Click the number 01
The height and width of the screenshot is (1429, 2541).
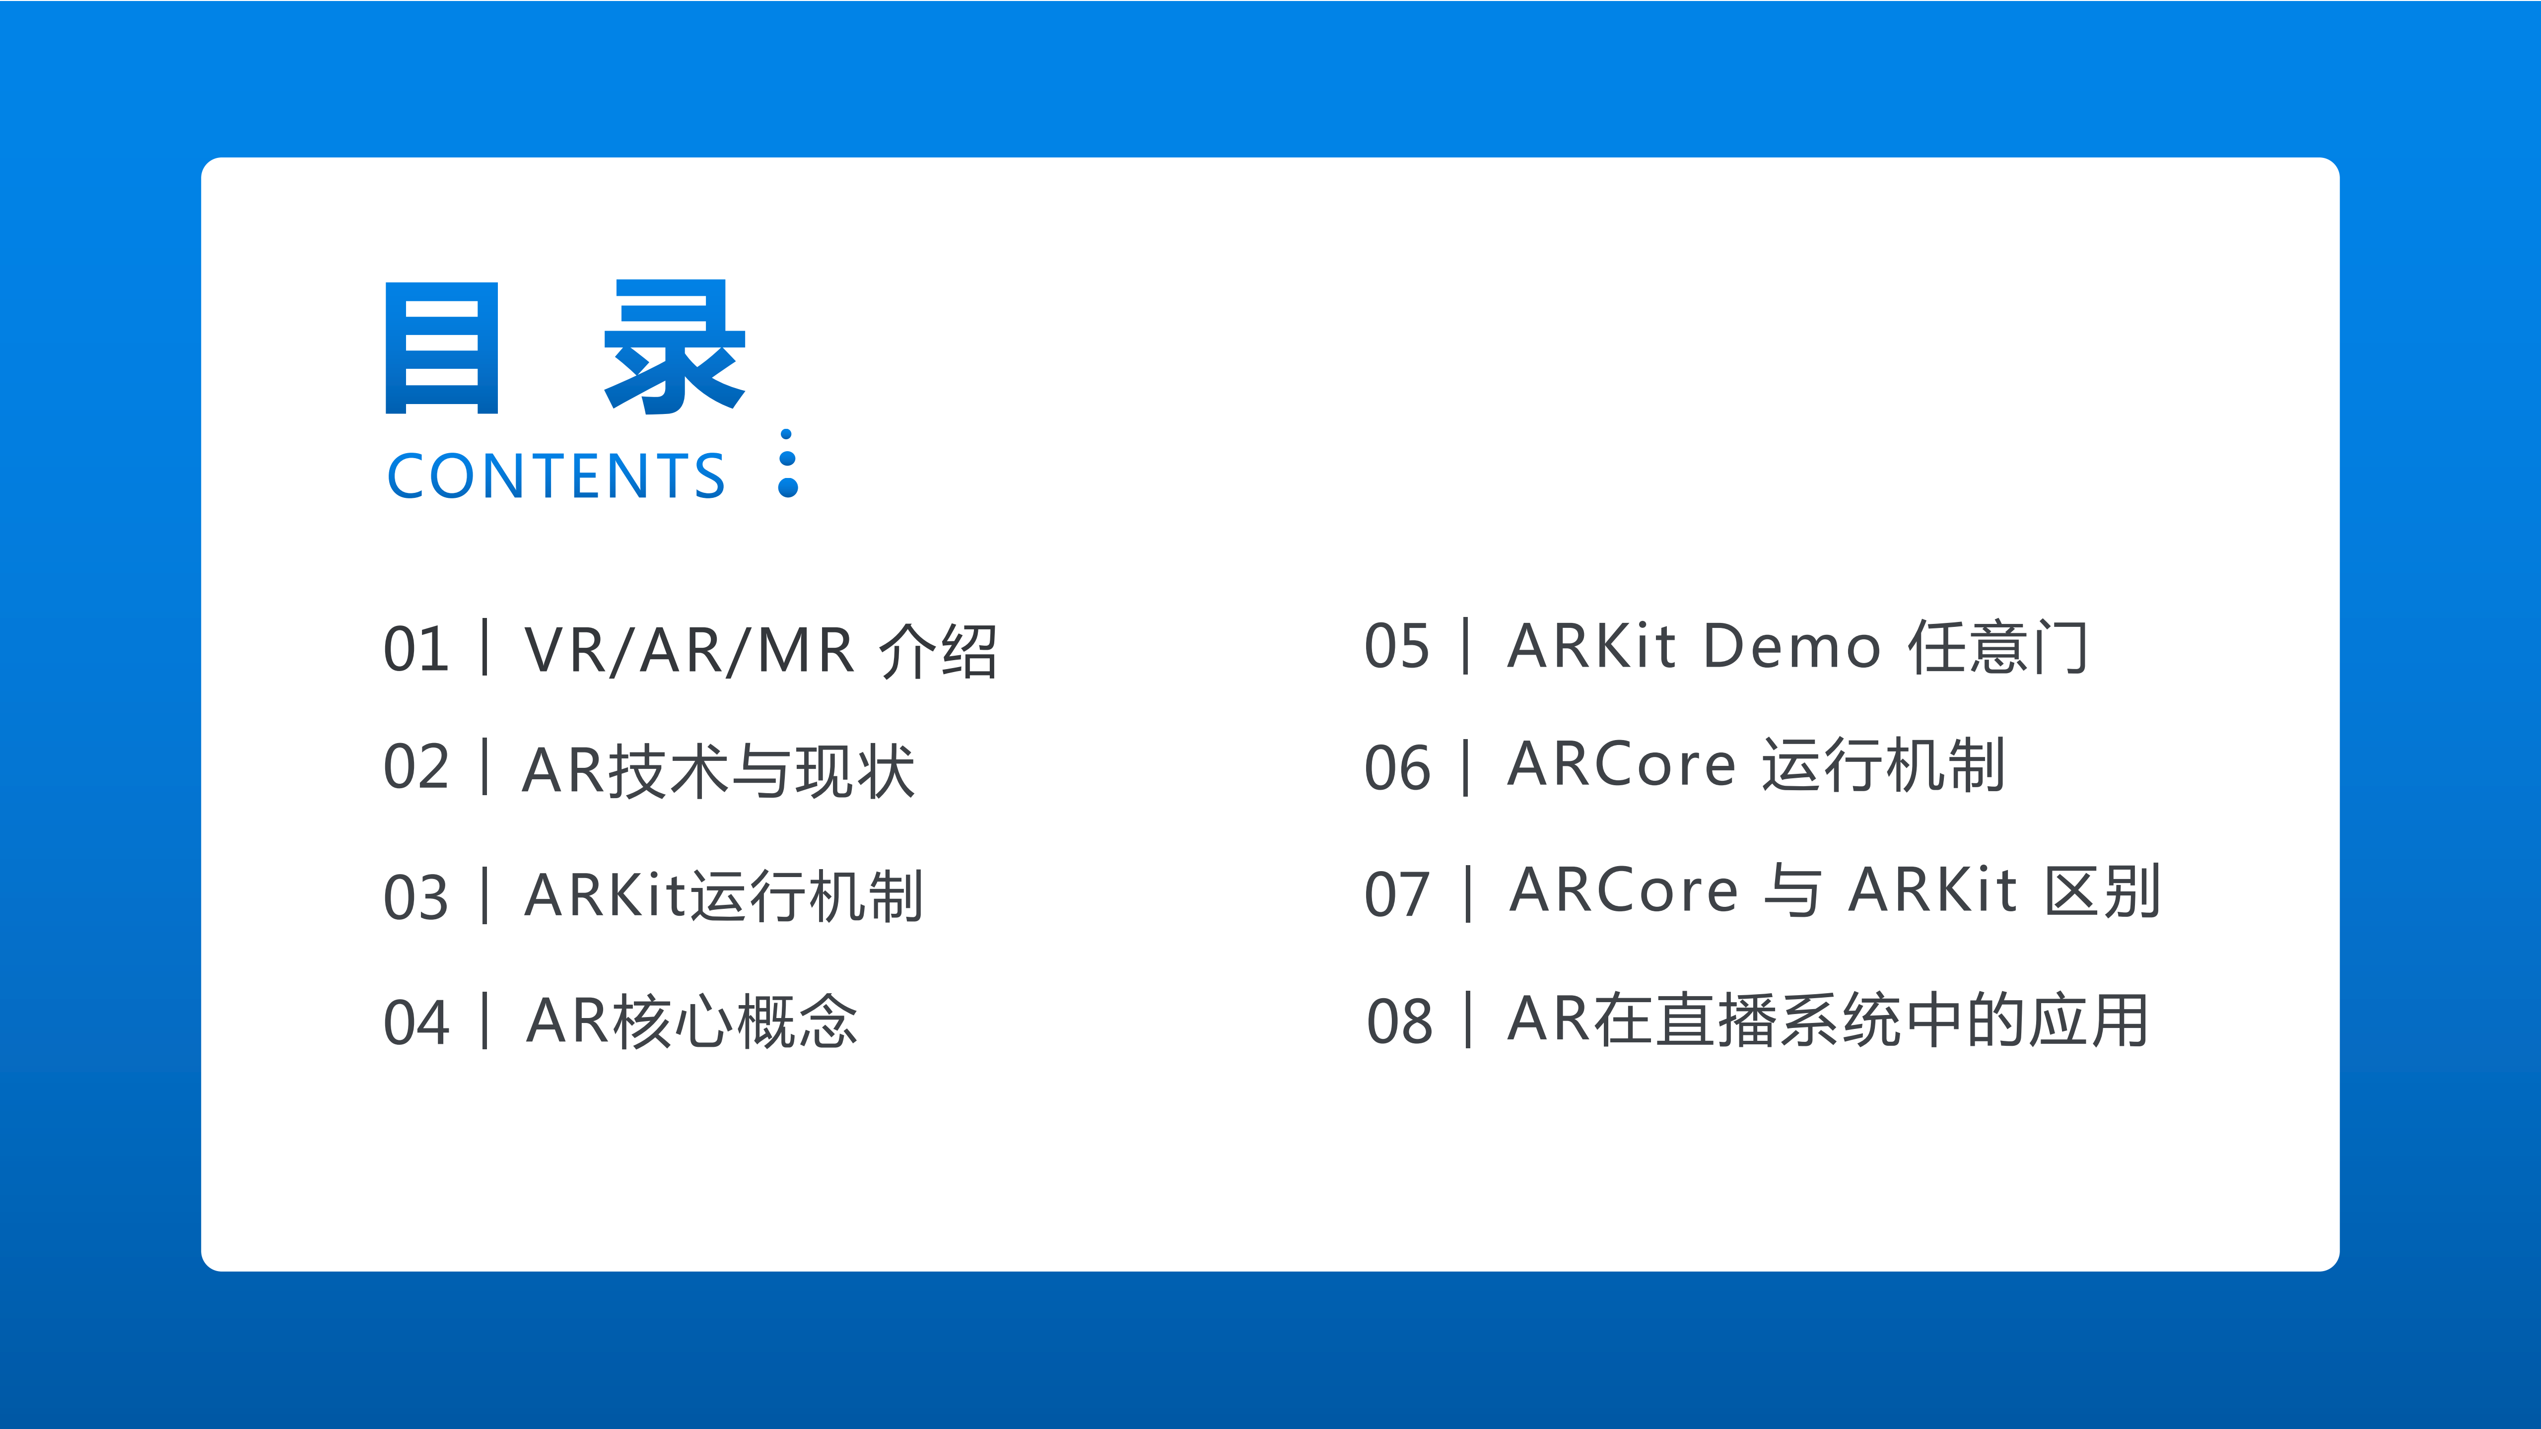click(415, 650)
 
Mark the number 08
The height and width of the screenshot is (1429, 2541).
click(1399, 1021)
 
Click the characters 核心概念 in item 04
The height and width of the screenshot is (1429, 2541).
click(735, 1021)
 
